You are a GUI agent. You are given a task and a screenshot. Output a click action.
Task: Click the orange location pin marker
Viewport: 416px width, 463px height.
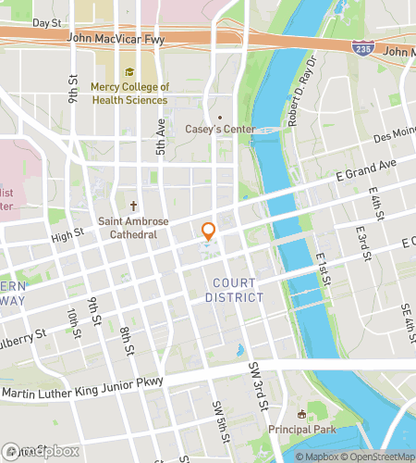[209, 231]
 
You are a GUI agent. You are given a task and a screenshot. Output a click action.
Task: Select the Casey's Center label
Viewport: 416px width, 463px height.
[220, 130]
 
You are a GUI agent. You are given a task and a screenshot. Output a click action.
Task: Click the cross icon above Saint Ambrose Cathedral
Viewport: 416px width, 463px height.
[133, 206]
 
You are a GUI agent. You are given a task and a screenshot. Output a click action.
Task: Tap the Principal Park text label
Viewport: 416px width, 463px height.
[303, 429]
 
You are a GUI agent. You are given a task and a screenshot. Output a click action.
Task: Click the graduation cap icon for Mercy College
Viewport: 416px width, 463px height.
[129, 72]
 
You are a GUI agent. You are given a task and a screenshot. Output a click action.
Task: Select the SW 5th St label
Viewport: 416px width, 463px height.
[220, 418]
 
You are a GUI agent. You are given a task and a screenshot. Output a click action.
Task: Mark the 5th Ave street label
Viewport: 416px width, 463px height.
[160, 134]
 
